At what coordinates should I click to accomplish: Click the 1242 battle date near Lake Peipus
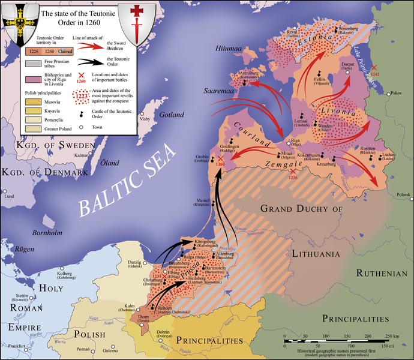[x=376, y=74]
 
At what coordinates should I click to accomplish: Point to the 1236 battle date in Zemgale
[x=293, y=178]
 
